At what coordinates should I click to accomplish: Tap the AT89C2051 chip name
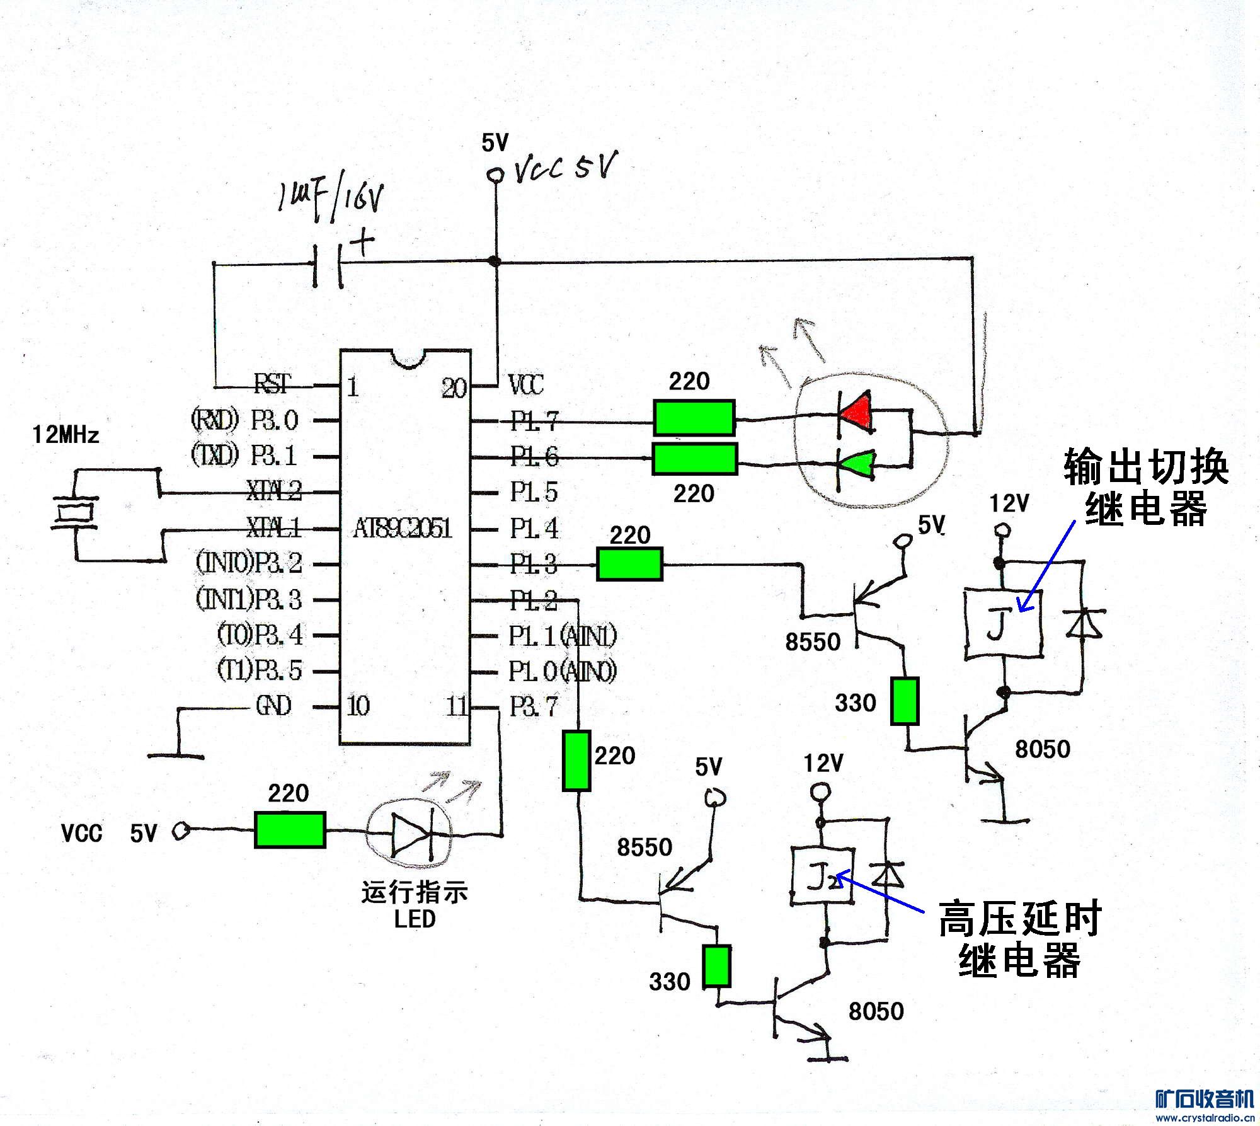click(403, 528)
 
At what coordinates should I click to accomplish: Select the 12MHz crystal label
click(66, 435)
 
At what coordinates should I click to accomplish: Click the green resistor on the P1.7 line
click(694, 417)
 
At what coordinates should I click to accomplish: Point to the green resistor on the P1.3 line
click(629, 564)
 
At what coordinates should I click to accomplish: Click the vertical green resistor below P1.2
click(576, 760)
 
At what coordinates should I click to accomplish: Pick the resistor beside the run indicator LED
click(290, 830)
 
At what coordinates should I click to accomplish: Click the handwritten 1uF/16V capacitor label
click(330, 200)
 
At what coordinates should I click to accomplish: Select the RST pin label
click(273, 383)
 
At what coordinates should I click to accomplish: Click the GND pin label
click(273, 706)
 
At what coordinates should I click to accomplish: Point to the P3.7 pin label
click(534, 706)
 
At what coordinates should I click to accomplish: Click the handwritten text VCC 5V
click(566, 166)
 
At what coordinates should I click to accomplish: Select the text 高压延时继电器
click(1020, 939)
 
